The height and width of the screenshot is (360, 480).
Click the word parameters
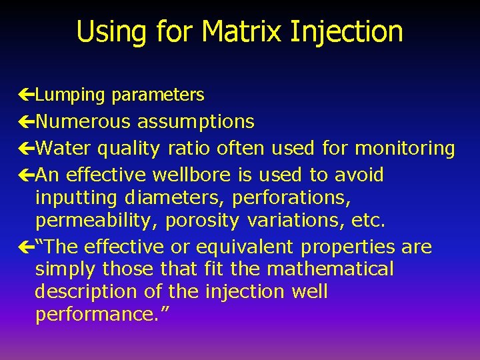point(158,95)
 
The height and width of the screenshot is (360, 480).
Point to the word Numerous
point(83,121)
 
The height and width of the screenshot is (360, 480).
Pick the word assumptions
point(195,121)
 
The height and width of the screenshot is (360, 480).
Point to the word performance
point(99,315)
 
